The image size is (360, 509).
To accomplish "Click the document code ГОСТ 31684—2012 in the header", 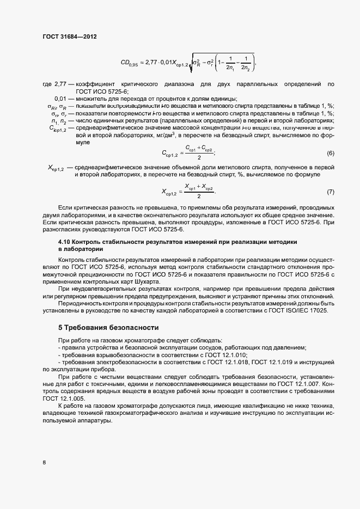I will click(69, 36).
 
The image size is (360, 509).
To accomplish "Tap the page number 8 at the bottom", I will click(44, 463).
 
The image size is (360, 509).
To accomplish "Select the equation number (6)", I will click(330, 152).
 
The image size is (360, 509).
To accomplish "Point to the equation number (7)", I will click(330, 192).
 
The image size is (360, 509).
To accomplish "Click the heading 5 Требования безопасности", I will click(108, 328).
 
